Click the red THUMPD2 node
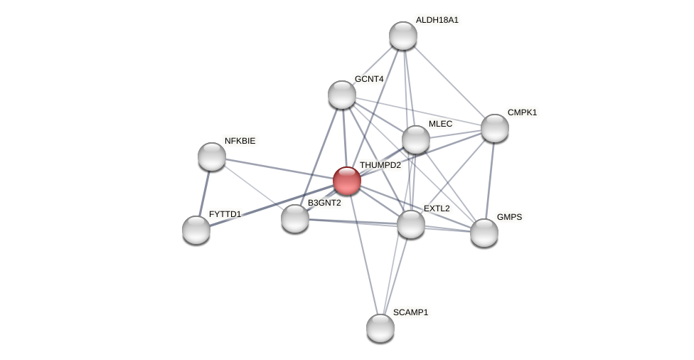[x=347, y=181]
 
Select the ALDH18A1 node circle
[x=403, y=36]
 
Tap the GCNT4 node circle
[x=342, y=95]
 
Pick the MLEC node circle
[x=416, y=139]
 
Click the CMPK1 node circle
[x=495, y=128]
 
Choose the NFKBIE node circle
[x=212, y=157]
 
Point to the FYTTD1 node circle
[x=196, y=230]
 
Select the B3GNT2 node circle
[x=295, y=218]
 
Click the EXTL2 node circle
[x=411, y=224]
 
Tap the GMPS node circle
[x=484, y=233]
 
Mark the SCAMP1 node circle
[x=380, y=328]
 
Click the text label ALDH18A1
[x=437, y=20]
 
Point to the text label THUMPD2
[x=380, y=165]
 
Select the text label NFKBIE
[x=240, y=141]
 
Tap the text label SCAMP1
[x=410, y=312]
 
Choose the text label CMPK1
[x=522, y=112]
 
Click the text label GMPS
[x=509, y=217]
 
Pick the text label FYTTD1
[x=225, y=214]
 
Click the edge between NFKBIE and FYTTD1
[x=204, y=193]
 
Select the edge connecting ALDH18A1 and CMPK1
[x=449, y=82]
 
